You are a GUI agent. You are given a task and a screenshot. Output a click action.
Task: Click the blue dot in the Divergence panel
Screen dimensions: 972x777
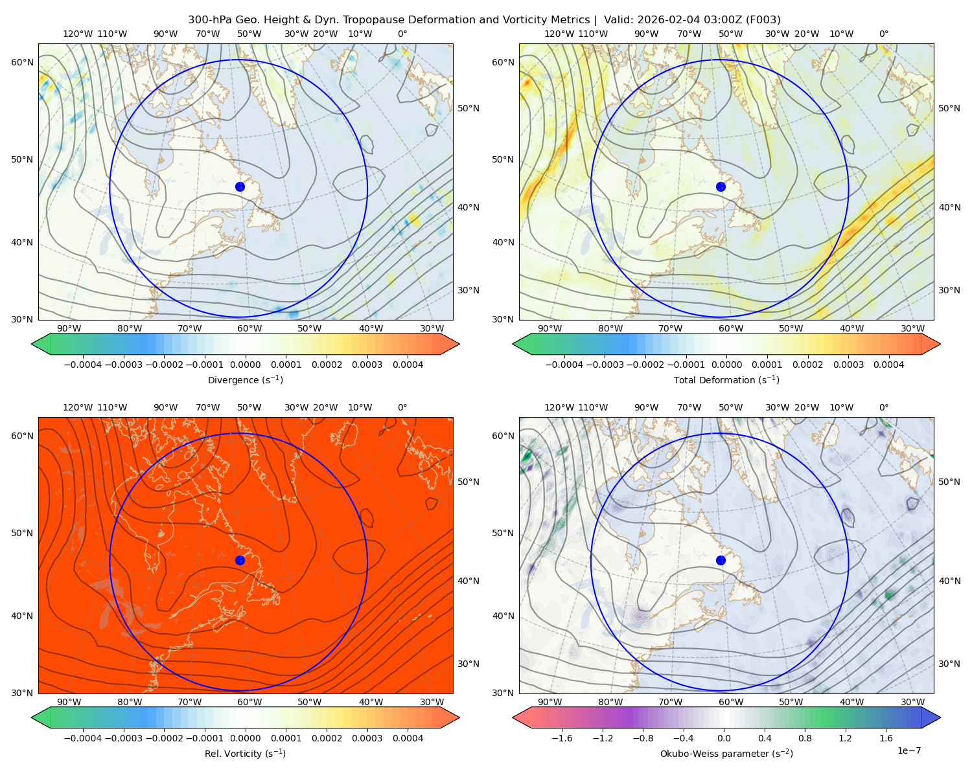tap(240, 186)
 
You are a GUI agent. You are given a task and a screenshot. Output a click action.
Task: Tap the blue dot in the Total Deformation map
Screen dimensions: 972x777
tap(721, 186)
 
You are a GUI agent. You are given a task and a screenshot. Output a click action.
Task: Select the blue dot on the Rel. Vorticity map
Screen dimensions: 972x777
tap(240, 560)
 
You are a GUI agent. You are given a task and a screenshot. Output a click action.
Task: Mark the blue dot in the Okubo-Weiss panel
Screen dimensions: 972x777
tap(721, 560)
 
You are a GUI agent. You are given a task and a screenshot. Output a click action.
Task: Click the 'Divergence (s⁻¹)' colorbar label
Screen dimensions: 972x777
tap(245, 379)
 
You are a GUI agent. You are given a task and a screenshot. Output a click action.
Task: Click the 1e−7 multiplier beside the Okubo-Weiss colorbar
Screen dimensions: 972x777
tap(908, 750)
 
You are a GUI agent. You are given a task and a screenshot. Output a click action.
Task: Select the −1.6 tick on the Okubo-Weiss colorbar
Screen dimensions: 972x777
tap(562, 738)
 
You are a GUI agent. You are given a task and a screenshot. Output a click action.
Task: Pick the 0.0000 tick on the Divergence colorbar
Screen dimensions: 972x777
tap(245, 365)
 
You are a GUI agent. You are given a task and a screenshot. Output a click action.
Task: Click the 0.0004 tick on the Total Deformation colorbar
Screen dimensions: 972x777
tap(888, 365)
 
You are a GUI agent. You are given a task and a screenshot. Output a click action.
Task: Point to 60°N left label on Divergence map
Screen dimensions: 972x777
tap(22, 62)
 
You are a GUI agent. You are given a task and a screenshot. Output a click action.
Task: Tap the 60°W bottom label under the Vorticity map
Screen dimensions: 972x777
tap(249, 702)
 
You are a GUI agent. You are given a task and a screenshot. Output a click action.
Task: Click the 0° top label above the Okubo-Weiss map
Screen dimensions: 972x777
tap(883, 407)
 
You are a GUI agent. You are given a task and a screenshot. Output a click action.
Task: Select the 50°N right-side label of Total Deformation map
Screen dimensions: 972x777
tap(949, 108)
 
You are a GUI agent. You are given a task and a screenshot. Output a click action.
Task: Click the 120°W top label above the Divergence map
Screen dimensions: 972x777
tap(78, 34)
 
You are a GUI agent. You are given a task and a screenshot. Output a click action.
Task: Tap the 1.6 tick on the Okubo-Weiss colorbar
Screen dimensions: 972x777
tap(886, 738)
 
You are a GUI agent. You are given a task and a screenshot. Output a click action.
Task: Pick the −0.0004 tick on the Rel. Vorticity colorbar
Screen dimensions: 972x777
tap(83, 738)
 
